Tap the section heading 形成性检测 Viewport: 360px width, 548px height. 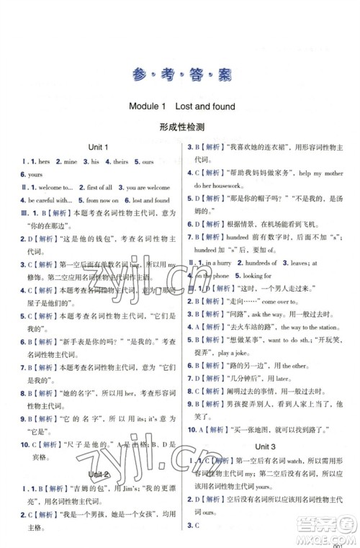tap(180, 126)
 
